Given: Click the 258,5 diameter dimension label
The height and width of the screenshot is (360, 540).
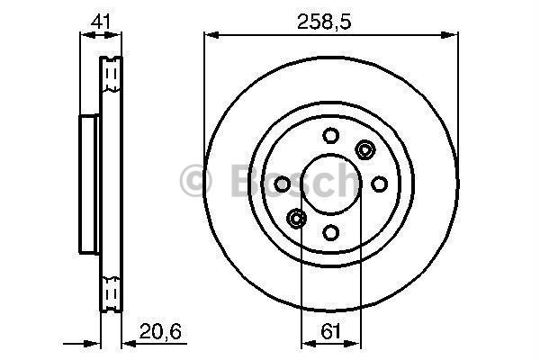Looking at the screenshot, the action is coord(324,22).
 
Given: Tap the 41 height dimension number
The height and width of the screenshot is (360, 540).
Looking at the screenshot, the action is coord(101,22).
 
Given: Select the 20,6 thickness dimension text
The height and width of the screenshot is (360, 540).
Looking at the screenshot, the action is coord(160,331).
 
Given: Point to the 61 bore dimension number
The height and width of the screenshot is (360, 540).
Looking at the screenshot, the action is coord(330,331).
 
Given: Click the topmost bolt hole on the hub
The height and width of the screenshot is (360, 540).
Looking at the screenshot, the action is coord(330,135).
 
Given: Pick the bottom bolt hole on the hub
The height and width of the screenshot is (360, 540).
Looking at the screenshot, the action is coord(330,232).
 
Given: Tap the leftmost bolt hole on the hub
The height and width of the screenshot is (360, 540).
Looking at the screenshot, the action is coord(282,184).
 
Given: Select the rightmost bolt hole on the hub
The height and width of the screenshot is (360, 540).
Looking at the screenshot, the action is coord(379,184).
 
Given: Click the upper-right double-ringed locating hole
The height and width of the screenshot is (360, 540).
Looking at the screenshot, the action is coord(364,150).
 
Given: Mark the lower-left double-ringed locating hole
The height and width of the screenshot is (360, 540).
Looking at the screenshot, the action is coord(296,218).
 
